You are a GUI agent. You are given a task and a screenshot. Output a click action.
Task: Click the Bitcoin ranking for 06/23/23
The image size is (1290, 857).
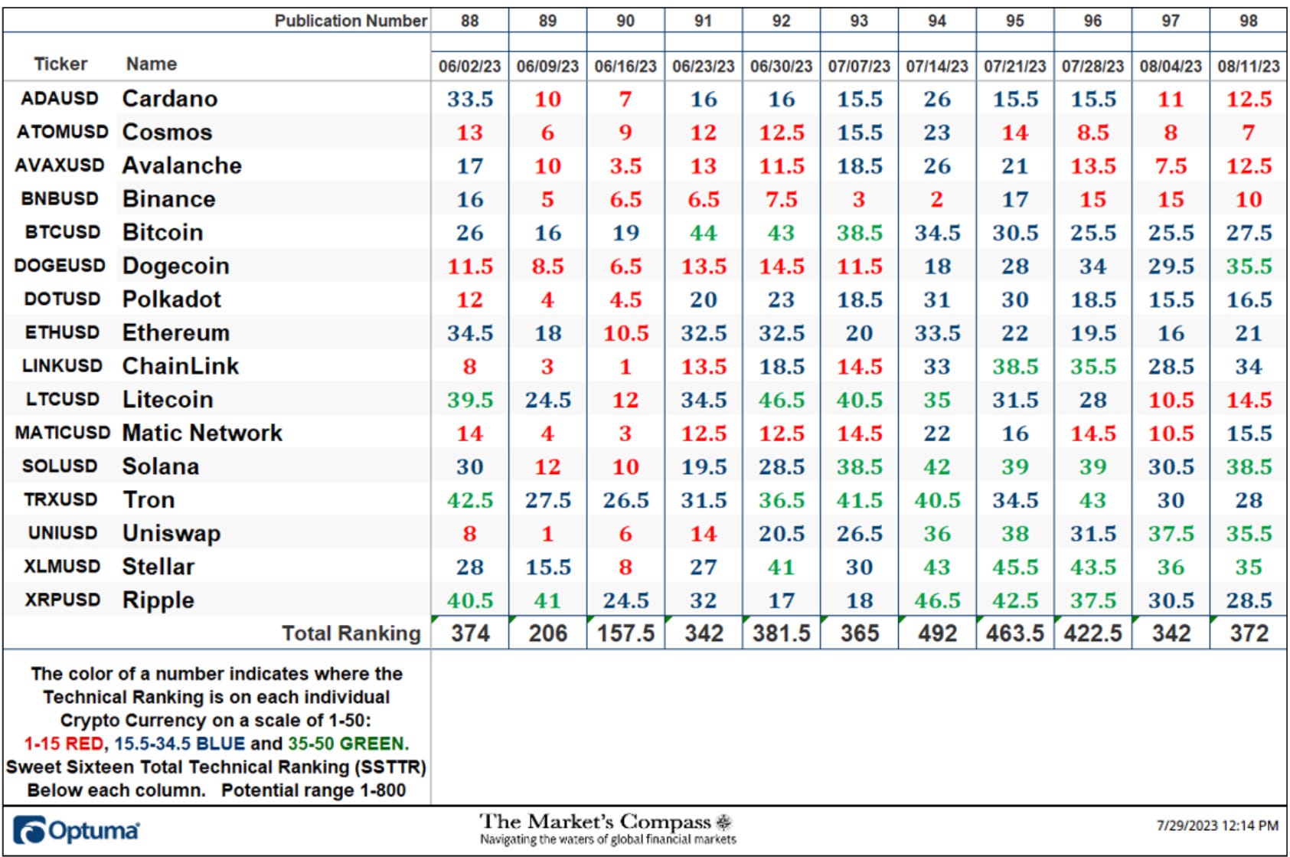tap(703, 233)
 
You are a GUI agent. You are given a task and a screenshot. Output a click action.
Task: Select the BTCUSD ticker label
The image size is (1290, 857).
tap(62, 232)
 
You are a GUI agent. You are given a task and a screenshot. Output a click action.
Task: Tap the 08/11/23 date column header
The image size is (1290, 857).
tap(1248, 66)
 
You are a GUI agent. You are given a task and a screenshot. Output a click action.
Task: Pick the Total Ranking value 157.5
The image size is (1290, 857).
tap(625, 633)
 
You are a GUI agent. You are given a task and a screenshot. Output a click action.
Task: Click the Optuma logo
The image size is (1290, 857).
tap(76, 830)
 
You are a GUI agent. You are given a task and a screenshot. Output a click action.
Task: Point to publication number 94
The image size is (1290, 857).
tap(936, 21)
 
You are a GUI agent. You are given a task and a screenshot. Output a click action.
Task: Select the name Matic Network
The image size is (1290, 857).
tap(202, 433)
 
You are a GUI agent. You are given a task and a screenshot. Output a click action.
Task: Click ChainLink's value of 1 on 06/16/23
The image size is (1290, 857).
tap(625, 366)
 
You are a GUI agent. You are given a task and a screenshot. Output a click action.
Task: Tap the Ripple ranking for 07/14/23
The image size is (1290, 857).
tap(937, 600)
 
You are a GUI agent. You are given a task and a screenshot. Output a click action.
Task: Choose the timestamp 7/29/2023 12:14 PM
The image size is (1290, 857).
tap(1217, 826)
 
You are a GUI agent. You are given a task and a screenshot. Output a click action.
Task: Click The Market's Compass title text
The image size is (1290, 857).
tap(595, 821)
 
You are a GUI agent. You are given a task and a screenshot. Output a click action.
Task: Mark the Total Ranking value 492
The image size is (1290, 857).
tap(937, 633)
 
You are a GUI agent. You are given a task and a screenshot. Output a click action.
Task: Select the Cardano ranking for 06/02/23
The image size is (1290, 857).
tap(470, 99)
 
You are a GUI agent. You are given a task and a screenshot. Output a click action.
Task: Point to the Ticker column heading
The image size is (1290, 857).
tap(60, 64)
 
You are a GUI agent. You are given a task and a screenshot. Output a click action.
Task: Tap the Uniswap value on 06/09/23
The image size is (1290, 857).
tap(547, 533)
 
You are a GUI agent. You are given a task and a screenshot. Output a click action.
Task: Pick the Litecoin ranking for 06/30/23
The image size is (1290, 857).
tap(781, 400)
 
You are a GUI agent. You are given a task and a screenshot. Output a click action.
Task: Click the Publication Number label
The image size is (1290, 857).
tap(351, 21)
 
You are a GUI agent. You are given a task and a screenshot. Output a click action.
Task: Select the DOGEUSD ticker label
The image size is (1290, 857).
tap(60, 266)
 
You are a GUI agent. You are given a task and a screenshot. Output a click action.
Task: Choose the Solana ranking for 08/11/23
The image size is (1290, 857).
tap(1248, 466)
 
